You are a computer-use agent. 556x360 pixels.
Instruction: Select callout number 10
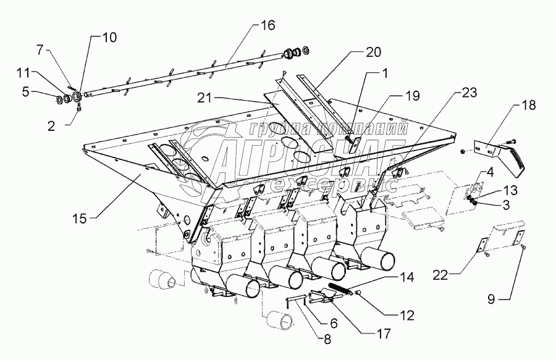click(x=109, y=38)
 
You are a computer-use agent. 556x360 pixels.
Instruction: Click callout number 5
click(x=26, y=92)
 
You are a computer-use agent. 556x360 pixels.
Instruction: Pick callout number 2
click(x=51, y=127)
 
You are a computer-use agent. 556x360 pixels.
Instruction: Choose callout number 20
click(x=373, y=52)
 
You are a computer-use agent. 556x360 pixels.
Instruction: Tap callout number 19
click(x=413, y=96)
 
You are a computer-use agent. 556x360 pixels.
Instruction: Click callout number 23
click(x=469, y=93)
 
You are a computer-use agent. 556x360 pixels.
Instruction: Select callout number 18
click(x=528, y=105)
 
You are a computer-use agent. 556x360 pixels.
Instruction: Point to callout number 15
click(x=80, y=219)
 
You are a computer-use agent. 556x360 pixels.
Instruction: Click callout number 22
click(x=440, y=275)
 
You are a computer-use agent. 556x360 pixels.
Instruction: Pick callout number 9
click(x=491, y=299)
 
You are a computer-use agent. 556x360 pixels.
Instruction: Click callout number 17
click(x=383, y=333)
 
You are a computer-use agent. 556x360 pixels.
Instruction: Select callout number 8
click(x=327, y=340)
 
